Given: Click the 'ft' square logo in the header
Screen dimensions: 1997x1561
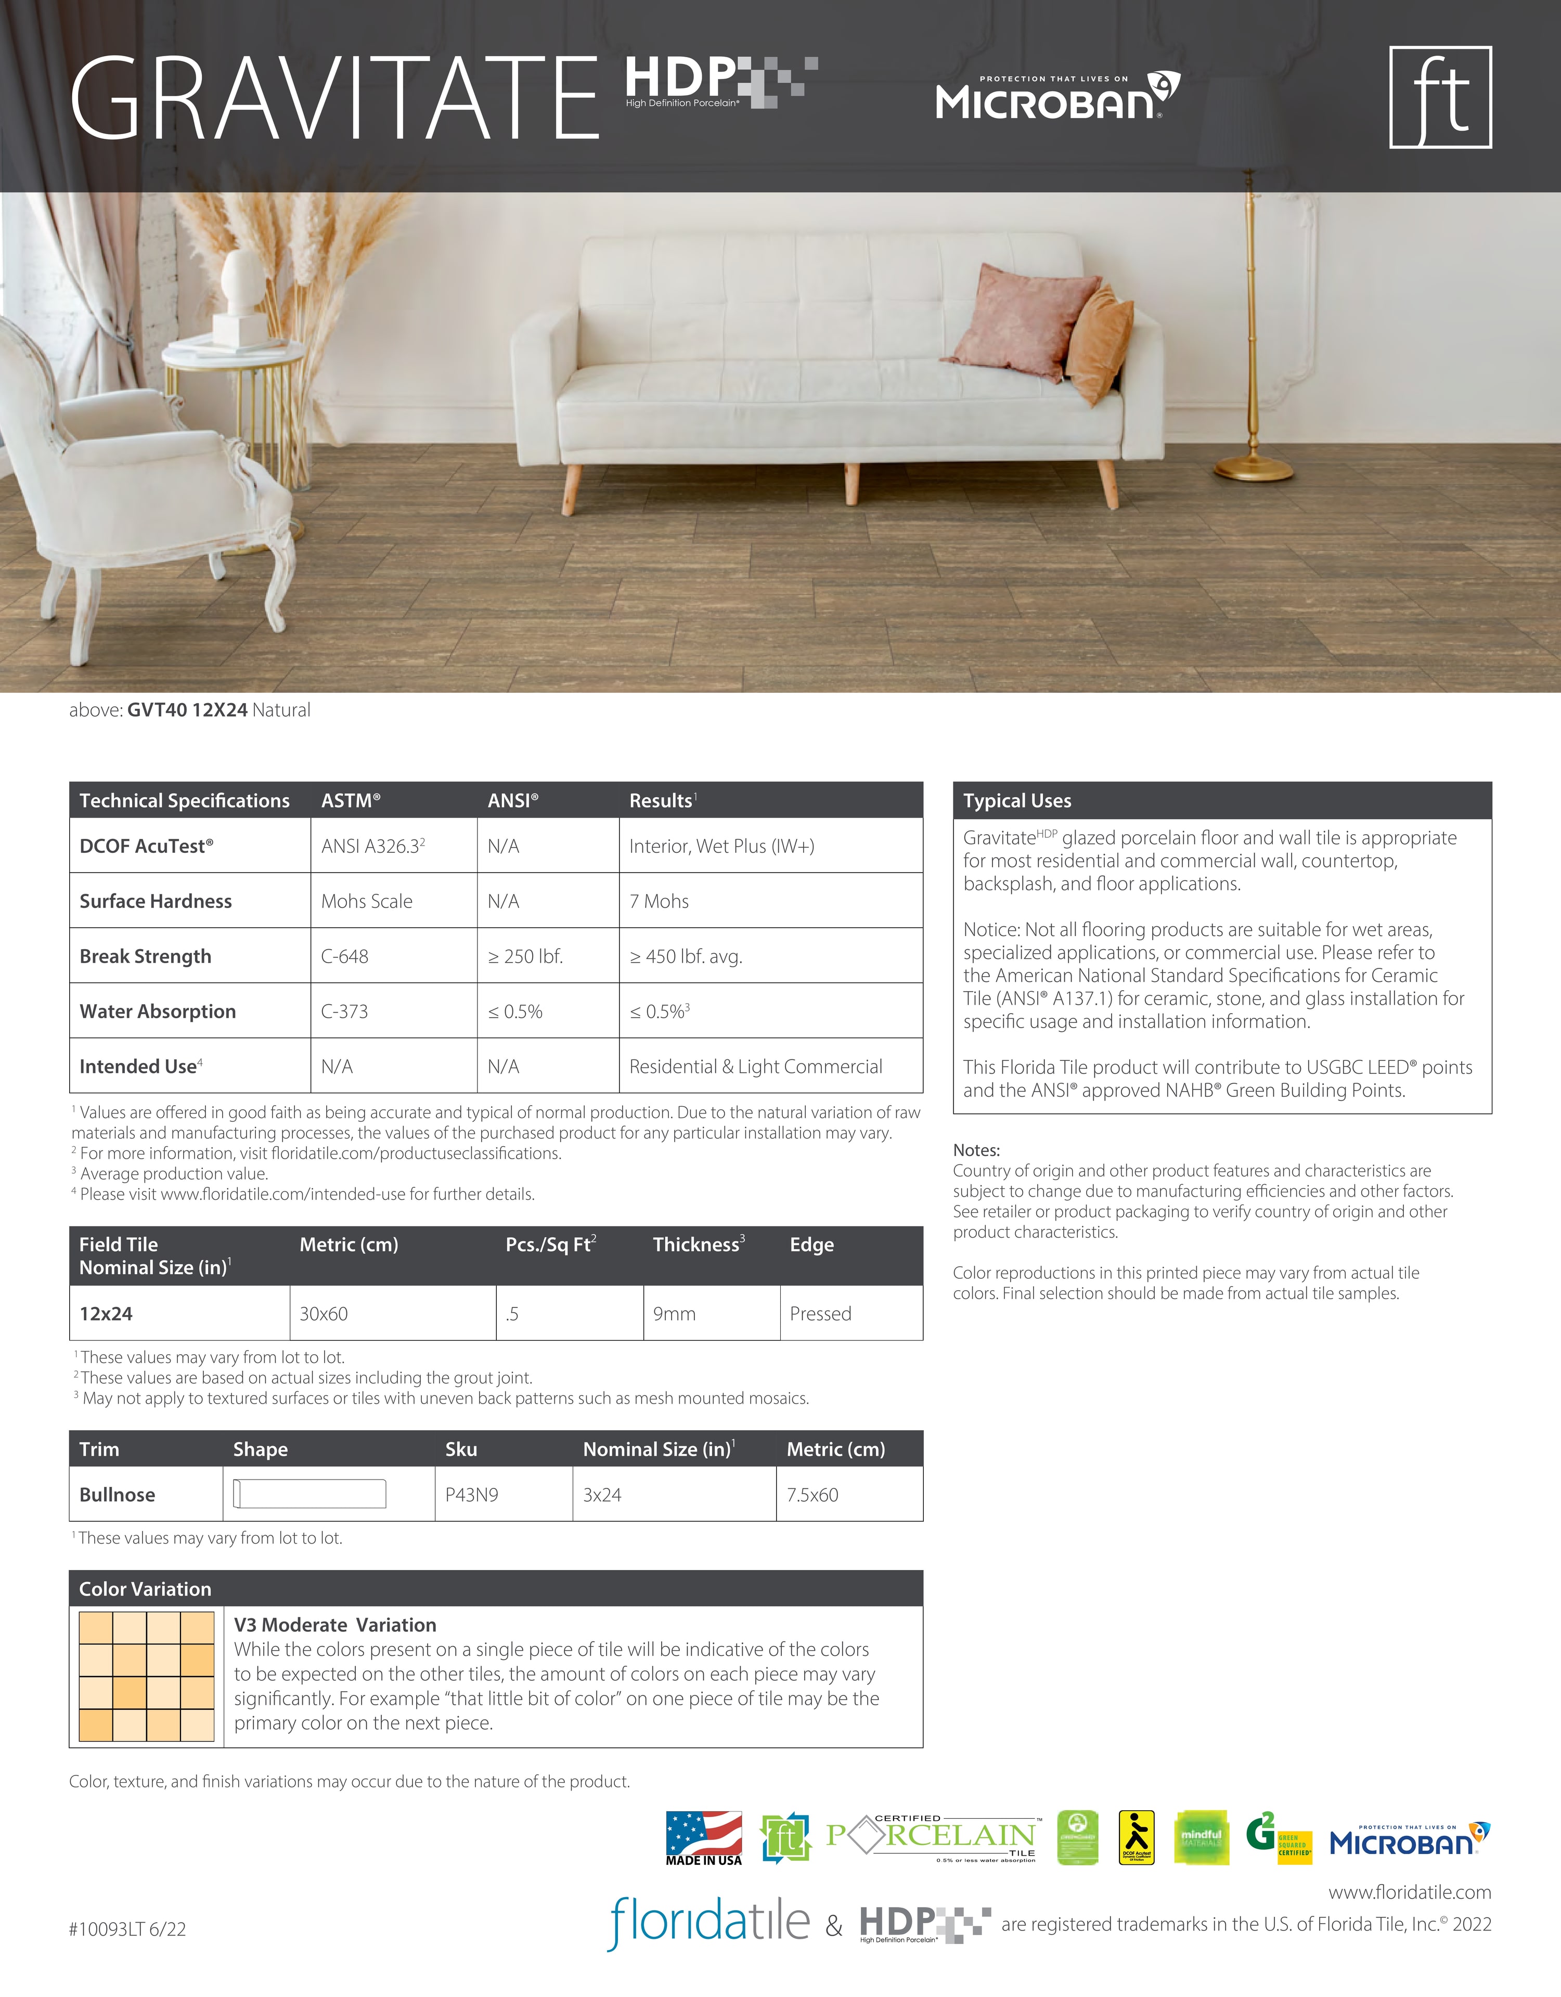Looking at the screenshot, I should (1440, 97).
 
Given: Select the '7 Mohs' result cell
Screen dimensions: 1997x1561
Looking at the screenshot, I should (660, 901).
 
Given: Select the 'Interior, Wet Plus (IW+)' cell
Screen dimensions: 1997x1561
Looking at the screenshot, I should (721, 846).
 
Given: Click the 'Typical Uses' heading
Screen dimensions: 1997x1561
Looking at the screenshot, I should (1017, 800).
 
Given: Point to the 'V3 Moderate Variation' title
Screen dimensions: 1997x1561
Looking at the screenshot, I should (334, 1625).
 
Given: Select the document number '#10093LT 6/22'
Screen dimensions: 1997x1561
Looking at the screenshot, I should (127, 1928).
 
